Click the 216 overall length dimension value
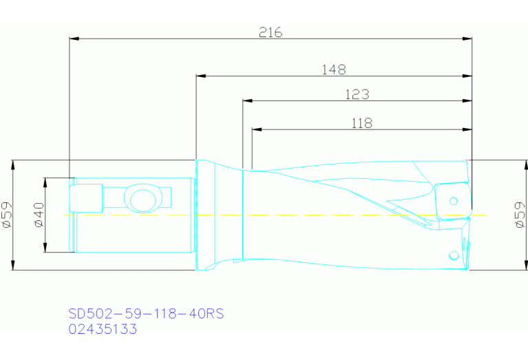tap(271, 32)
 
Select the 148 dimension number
tap(333, 69)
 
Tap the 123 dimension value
tap(357, 94)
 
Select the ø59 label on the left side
tap(6, 215)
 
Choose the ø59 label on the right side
tap(520, 215)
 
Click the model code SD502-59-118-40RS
tap(146, 314)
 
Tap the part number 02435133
tap(103, 329)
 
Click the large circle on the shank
tap(143, 199)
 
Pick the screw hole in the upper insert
tap(452, 201)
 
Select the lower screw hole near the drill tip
tap(453, 255)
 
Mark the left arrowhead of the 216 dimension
tap(74, 39)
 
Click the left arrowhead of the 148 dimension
tap(201, 76)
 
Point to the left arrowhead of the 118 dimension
tap(257, 129)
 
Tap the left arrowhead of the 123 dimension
tap(247, 101)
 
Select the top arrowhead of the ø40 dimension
tap(45, 181)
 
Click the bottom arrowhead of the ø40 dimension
tap(45, 248)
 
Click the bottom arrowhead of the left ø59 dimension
tap(14, 266)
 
